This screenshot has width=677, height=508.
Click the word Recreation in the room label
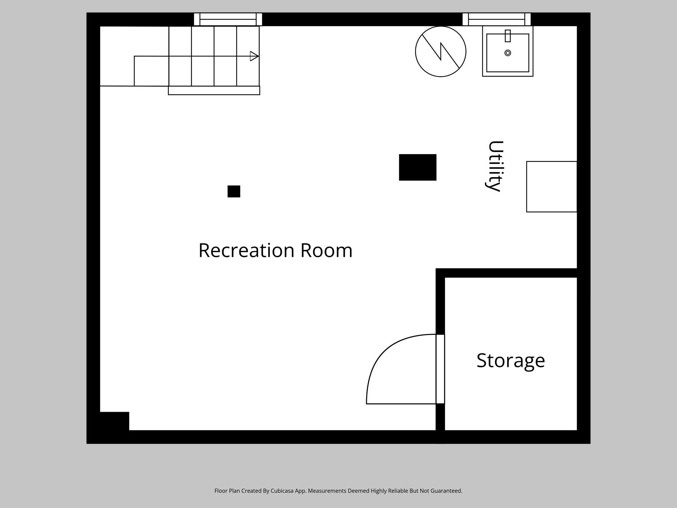tap(246, 250)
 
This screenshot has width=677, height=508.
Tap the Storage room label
tap(510, 360)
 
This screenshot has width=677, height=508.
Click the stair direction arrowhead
tap(254, 56)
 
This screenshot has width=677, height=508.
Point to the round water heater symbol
tap(440, 51)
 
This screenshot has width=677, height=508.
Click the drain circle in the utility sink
tap(507, 53)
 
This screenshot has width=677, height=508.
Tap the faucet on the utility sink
tap(507, 36)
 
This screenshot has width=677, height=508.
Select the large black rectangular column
tap(417, 167)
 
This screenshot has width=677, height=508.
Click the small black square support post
tap(234, 191)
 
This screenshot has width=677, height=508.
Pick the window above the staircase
tap(228, 19)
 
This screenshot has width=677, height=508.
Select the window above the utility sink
tap(496, 19)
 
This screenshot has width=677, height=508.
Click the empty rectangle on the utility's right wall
tap(551, 187)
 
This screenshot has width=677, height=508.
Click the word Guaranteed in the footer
tap(446, 491)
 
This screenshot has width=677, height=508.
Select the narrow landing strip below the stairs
tap(214, 91)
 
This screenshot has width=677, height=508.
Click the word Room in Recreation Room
tap(326, 250)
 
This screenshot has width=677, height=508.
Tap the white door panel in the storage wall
tap(440, 369)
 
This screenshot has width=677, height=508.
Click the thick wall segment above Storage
tap(508, 273)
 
